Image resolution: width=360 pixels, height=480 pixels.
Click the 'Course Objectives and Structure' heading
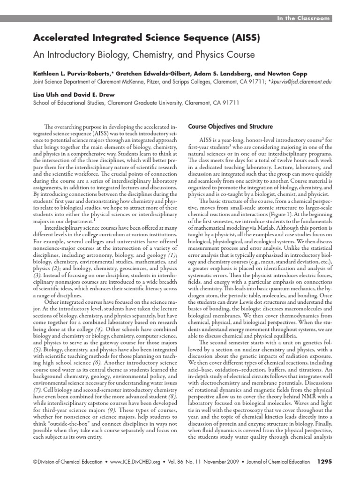pos(230,126)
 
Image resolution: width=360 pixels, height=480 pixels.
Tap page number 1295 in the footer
pos(324,462)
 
